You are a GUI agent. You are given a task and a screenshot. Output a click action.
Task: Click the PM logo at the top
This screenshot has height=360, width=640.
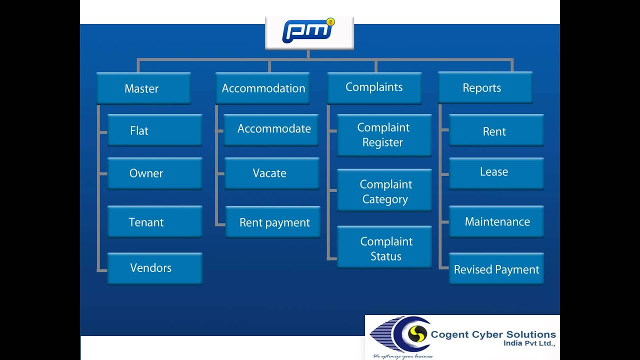click(309, 32)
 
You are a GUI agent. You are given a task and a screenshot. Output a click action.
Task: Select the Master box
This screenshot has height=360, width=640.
click(143, 88)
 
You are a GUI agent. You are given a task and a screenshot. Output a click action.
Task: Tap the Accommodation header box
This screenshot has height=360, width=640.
click(262, 88)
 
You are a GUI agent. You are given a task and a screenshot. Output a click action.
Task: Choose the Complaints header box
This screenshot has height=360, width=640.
click(374, 87)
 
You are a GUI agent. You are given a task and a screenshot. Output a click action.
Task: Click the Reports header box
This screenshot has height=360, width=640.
click(484, 88)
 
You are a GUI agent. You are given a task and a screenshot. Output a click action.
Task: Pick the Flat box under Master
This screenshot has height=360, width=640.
click(154, 130)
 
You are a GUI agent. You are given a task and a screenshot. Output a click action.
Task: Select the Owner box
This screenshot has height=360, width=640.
click(154, 173)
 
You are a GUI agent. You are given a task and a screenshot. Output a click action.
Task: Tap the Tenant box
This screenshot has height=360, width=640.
click(154, 222)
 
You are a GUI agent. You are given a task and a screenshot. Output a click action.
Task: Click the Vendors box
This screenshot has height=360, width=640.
click(154, 268)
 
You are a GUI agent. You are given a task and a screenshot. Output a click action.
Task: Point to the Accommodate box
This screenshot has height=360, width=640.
click(271, 129)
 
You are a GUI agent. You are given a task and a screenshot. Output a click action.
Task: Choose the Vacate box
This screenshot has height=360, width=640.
click(271, 173)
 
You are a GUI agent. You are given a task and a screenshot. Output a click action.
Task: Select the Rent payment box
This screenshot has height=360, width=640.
click(272, 222)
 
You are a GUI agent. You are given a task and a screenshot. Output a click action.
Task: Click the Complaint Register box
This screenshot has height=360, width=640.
click(384, 135)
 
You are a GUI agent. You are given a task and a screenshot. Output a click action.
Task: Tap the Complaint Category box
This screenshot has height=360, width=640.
click(384, 191)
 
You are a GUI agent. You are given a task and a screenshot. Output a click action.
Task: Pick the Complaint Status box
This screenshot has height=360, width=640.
click(384, 248)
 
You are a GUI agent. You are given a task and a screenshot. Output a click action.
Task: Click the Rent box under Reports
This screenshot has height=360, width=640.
click(496, 130)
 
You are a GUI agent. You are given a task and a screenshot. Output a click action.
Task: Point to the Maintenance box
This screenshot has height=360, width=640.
click(496, 221)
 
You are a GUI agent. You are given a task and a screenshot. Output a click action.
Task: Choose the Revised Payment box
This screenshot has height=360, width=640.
click(496, 269)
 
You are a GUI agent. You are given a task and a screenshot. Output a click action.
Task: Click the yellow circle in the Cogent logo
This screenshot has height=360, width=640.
click(417, 333)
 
